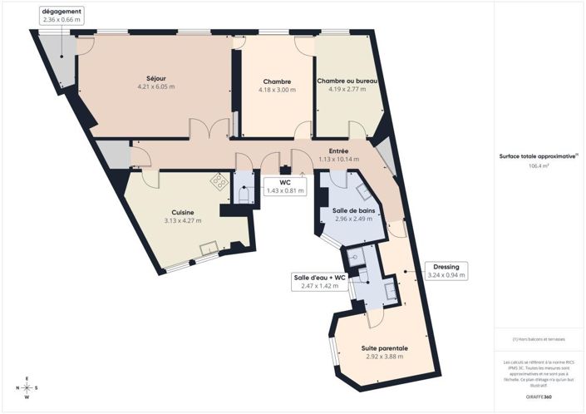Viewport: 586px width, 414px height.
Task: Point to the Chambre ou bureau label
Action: [x=348, y=81]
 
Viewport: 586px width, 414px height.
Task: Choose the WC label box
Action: [x=284, y=186]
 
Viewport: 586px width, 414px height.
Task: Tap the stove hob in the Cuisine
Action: [x=219, y=180]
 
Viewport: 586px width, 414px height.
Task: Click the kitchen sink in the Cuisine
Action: [x=208, y=247]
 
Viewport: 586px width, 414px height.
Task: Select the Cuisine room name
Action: [x=184, y=213]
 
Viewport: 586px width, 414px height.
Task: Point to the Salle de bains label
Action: [x=353, y=211]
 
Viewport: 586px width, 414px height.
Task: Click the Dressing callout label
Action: [x=446, y=270]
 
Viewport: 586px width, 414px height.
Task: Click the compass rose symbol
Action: [x=27, y=387]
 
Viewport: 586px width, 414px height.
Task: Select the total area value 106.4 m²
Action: [x=539, y=166]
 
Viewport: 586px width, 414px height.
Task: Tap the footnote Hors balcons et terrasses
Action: [x=539, y=339]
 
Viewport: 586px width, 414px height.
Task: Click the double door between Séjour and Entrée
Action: [x=209, y=131]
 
